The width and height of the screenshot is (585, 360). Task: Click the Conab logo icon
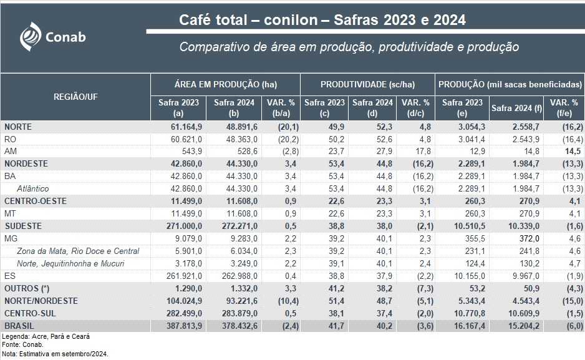[31, 36]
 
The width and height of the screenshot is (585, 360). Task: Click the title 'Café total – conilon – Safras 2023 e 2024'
[322, 20]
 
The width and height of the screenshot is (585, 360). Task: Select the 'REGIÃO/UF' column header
[75, 97]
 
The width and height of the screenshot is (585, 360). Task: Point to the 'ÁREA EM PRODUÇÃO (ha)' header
[225, 84]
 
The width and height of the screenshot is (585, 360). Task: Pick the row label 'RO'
[10, 139]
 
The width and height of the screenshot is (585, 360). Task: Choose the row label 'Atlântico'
[33, 188]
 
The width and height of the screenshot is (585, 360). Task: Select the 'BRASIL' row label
[19, 326]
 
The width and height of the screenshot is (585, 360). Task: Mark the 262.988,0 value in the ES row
[236, 276]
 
